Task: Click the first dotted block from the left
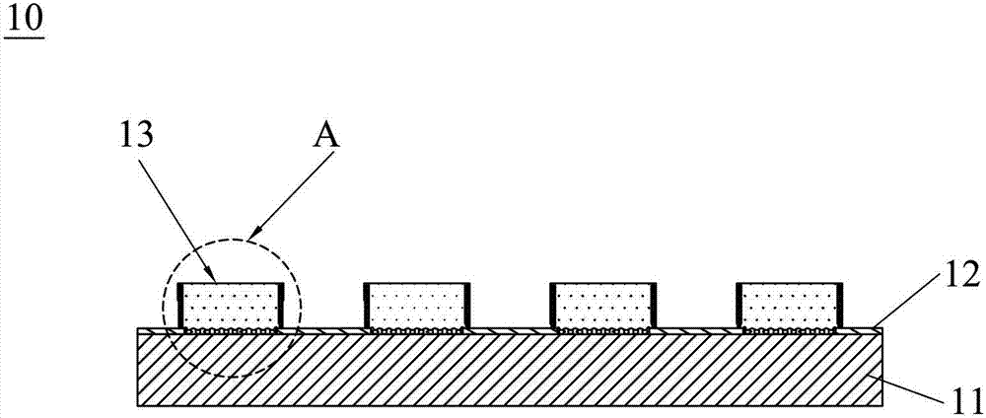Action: [231, 306]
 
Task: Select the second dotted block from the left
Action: [417, 306]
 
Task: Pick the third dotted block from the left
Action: [603, 306]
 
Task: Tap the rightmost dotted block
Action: [789, 306]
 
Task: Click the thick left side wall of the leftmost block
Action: [180, 306]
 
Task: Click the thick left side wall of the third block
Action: [553, 306]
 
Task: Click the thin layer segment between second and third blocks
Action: [510, 330]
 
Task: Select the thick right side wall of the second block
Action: [467, 306]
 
